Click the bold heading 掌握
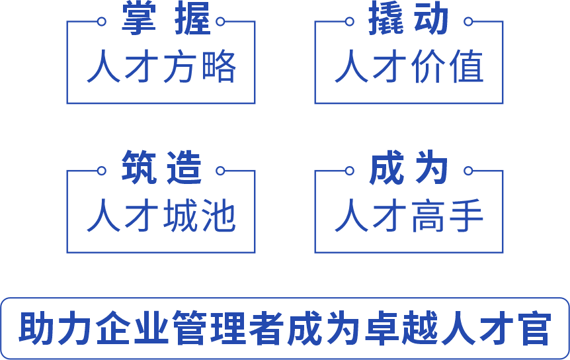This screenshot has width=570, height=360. click(165, 20)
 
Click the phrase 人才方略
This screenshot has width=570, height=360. click(161, 67)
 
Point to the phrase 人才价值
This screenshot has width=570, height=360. click(409, 67)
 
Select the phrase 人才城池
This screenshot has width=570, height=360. click(161, 216)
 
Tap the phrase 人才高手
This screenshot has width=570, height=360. click(409, 216)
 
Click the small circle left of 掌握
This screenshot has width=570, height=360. click(102, 21)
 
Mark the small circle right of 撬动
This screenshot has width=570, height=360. click(468, 21)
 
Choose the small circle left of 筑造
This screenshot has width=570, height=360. click(102, 171)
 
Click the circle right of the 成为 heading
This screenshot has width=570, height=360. click(468, 171)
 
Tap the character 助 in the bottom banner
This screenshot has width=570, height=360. click(34, 329)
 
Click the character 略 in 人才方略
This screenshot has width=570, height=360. click(219, 67)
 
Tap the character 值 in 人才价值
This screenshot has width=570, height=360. click(466, 67)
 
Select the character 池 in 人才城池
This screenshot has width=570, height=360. click(219, 216)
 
